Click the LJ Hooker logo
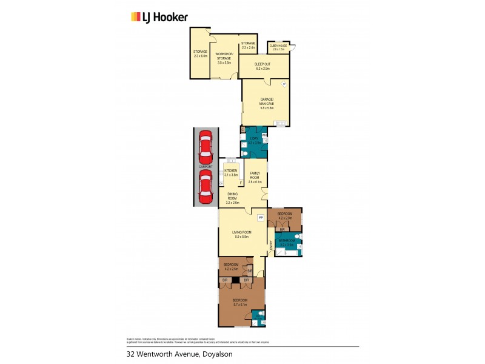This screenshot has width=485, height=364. click(x=159, y=17)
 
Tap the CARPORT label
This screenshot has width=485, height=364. click(x=205, y=166)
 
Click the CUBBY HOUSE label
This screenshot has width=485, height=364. click(x=278, y=45)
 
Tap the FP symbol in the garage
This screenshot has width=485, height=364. click(x=283, y=84)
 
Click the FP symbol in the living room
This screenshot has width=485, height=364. click(x=261, y=217)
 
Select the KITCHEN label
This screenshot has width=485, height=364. click(x=231, y=170)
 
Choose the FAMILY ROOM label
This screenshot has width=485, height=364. click(x=255, y=177)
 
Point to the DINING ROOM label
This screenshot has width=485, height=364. click(x=232, y=198)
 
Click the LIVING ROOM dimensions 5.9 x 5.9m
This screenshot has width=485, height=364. click(x=241, y=237)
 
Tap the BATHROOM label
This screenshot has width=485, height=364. click(x=286, y=241)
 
